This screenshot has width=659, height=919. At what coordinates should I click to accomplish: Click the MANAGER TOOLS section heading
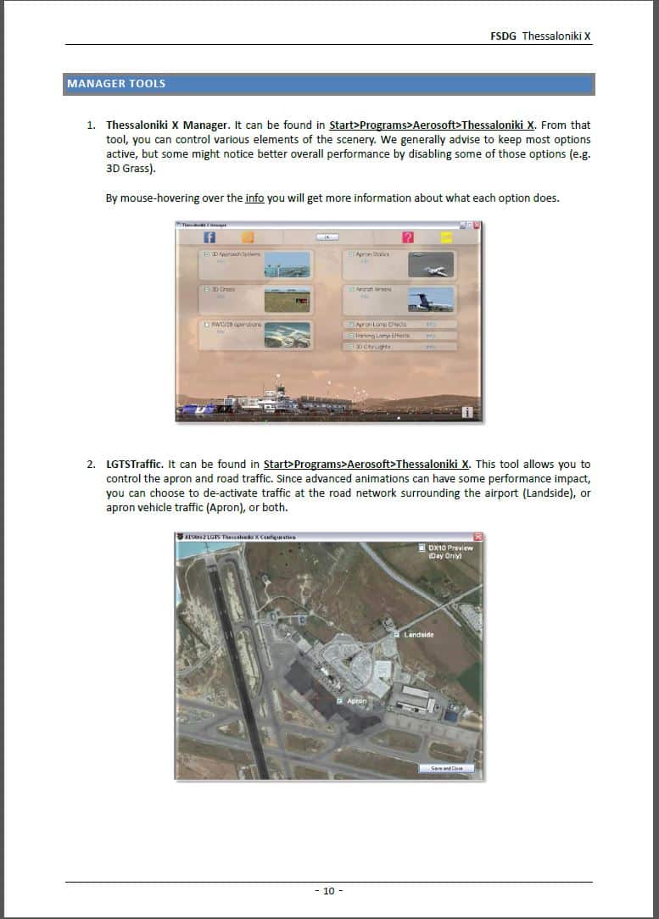pyautogui.click(x=116, y=84)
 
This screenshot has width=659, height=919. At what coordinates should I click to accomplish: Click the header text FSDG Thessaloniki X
pyautogui.click(x=540, y=36)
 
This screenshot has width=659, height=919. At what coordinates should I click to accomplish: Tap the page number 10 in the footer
pyautogui.click(x=329, y=890)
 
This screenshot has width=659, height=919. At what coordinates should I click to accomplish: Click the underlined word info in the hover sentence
pyautogui.click(x=254, y=199)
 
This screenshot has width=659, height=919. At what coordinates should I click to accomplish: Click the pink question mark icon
pyautogui.click(x=408, y=237)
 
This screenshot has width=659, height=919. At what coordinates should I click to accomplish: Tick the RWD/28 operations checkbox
pyautogui.click(x=205, y=325)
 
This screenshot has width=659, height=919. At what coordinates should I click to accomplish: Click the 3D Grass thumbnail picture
pyautogui.click(x=287, y=299)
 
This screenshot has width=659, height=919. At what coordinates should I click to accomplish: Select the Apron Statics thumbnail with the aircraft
pyautogui.click(x=431, y=265)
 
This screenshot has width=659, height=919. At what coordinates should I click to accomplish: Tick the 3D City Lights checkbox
pyautogui.click(x=349, y=347)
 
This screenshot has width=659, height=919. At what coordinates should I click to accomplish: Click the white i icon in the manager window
pyautogui.click(x=466, y=412)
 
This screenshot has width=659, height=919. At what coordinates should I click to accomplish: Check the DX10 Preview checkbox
pyautogui.click(x=422, y=548)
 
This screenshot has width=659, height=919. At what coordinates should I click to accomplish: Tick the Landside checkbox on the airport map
pyautogui.click(x=397, y=634)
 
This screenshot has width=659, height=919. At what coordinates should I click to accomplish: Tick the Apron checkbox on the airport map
pyautogui.click(x=339, y=701)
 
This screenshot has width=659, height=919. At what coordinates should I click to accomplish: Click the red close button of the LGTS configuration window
pyautogui.click(x=477, y=537)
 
